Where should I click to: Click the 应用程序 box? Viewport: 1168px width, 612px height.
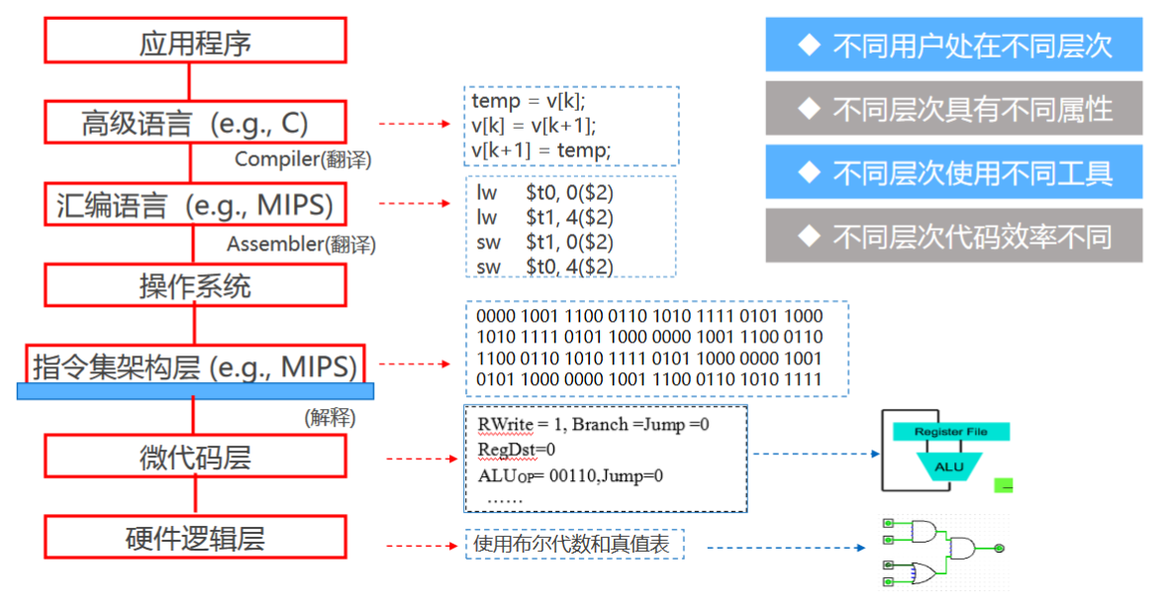[195, 42]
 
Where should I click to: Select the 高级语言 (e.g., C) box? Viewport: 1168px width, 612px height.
[195, 124]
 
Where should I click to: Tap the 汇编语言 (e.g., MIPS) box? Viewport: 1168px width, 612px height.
[195, 205]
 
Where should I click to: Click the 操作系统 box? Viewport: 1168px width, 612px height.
[195, 286]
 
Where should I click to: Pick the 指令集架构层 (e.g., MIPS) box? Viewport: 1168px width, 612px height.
[195, 366]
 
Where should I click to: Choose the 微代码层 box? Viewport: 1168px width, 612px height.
[195, 457]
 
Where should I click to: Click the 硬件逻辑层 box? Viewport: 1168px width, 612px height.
[195, 538]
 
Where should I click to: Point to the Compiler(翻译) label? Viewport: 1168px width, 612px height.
[303, 158]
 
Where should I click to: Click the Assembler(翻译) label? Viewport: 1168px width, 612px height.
[301, 243]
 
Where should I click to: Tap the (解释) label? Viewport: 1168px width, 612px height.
[330, 417]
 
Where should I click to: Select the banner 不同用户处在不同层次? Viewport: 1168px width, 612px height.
[953, 45]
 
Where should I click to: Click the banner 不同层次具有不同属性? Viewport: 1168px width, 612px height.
[953, 109]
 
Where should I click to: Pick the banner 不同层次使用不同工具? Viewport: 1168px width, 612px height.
[953, 172]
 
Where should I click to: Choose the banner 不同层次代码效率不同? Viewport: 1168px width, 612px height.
[953, 236]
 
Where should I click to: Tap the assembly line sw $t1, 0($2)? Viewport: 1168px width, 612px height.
[544, 243]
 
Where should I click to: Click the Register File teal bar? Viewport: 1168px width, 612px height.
[951, 432]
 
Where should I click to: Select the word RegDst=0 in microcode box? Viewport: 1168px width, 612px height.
[517, 450]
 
